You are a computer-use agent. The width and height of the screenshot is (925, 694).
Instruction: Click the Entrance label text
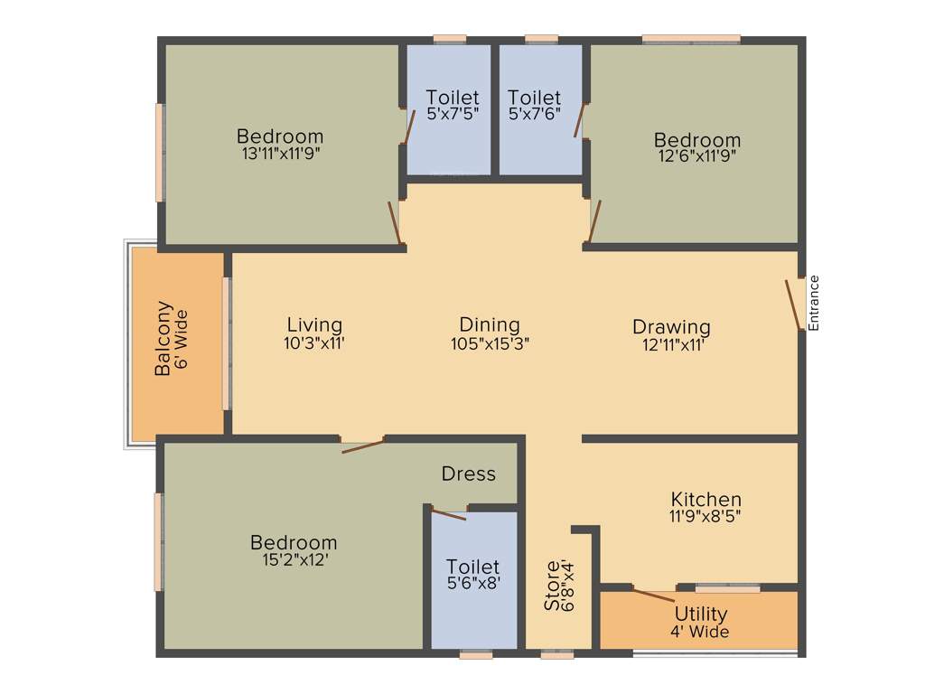(813, 303)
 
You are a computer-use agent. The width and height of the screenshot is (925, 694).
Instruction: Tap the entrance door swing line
(794, 305)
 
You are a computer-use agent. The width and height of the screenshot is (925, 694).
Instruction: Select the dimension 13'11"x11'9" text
(281, 153)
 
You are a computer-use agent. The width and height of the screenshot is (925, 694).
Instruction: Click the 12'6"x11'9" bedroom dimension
(697, 155)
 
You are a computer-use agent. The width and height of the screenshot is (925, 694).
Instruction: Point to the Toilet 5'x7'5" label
(452, 97)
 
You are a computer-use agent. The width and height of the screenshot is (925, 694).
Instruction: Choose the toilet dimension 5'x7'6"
(534, 114)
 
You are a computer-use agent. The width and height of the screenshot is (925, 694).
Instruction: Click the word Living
(314, 324)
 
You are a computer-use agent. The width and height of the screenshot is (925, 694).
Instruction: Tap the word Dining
(490, 324)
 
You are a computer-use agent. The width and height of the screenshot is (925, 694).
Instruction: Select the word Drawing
(671, 326)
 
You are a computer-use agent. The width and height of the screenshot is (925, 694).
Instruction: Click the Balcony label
(164, 338)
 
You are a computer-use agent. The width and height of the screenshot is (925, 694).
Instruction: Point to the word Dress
(468, 474)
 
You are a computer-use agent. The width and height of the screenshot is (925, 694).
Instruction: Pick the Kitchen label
(706, 499)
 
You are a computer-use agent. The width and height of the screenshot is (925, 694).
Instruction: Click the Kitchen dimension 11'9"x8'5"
(705, 517)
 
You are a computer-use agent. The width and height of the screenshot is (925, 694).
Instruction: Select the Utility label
(700, 614)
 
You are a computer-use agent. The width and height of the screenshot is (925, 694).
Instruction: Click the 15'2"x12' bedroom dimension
(294, 560)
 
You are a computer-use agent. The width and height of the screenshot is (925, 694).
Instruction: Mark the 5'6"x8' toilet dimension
(472, 584)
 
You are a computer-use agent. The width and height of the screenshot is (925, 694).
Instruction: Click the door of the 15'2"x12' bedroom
(363, 445)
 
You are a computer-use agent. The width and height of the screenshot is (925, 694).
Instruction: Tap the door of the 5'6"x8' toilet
(448, 515)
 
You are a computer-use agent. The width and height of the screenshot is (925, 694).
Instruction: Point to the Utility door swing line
(652, 596)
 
